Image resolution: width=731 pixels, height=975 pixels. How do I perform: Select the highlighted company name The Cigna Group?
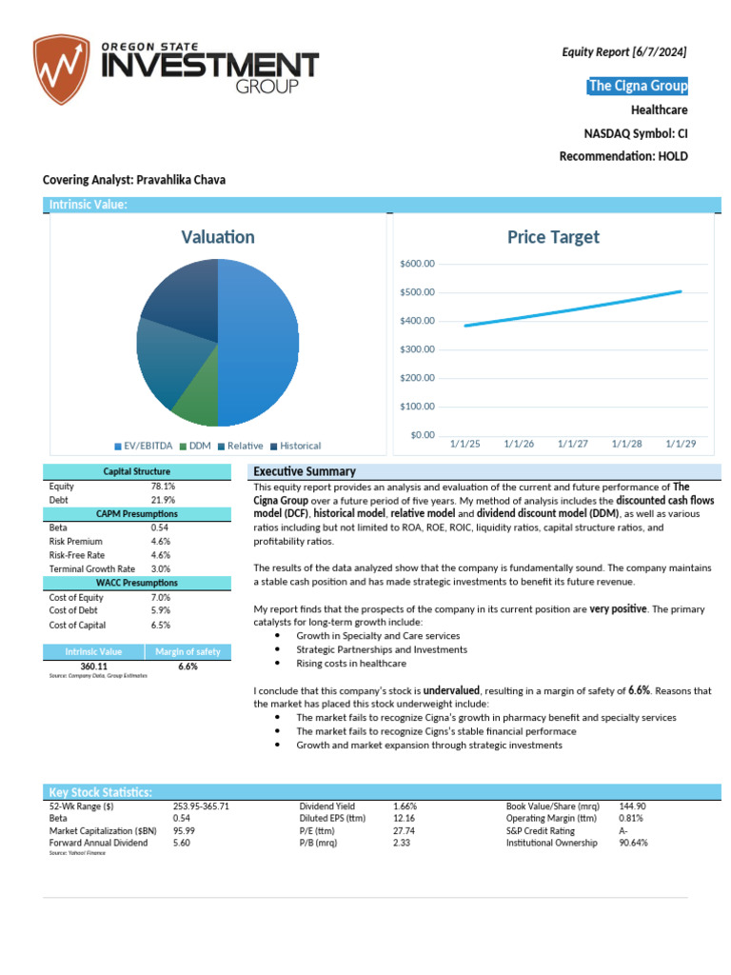(x=638, y=87)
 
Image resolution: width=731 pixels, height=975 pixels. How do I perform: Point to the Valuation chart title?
(x=218, y=237)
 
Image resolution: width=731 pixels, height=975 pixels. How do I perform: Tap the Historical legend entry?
(x=300, y=446)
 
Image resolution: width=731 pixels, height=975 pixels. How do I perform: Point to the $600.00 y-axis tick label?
(x=418, y=264)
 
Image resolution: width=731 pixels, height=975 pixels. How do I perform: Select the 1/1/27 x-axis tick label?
(x=573, y=443)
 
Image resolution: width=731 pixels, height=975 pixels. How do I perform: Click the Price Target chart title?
(x=553, y=237)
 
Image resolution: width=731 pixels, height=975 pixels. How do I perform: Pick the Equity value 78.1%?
(x=163, y=486)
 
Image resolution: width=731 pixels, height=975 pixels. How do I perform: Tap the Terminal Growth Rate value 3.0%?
(x=162, y=568)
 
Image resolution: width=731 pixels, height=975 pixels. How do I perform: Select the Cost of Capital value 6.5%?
(x=162, y=625)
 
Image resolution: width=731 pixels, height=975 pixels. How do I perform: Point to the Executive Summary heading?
(x=305, y=471)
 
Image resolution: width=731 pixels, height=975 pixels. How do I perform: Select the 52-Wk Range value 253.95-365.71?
(x=201, y=806)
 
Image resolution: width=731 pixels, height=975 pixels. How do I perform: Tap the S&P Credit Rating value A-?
(x=625, y=830)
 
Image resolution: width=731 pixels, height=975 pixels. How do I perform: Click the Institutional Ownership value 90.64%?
(x=634, y=843)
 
